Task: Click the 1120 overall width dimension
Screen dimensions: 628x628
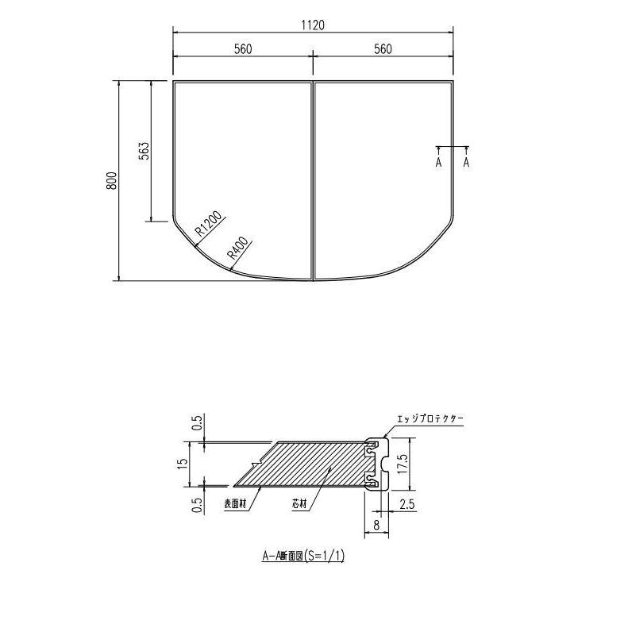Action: click(x=313, y=25)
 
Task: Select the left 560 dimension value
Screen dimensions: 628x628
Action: click(x=243, y=49)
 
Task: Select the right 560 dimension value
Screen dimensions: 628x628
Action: click(x=383, y=49)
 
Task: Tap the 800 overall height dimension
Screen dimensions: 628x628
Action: click(x=112, y=180)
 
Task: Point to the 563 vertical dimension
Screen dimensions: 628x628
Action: click(x=144, y=151)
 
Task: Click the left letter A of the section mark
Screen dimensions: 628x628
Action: click(x=437, y=162)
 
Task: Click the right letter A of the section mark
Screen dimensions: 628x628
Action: click(x=466, y=162)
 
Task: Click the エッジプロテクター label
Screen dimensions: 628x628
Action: click(x=430, y=418)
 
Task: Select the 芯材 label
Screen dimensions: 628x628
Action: click(x=299, y=503)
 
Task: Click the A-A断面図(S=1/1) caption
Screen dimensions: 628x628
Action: click(x=303, y=557)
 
